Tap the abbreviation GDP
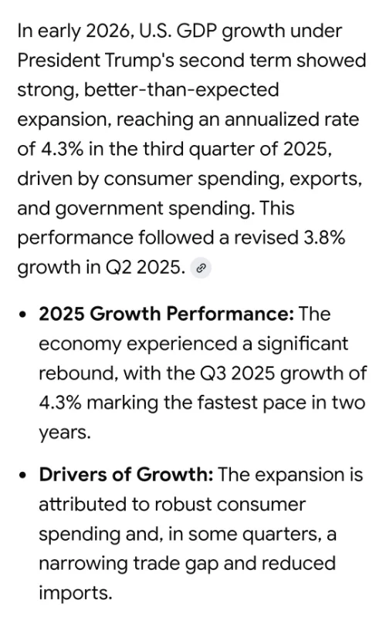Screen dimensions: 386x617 click(197, 31)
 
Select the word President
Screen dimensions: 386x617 click(59, 61)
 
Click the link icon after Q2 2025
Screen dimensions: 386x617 click(201, 268)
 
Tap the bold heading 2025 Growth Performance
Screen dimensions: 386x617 click(166, 314)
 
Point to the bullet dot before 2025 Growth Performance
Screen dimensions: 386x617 click(25, 315)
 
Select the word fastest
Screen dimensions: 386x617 click(228, 403)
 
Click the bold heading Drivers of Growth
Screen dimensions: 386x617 click(126, 474)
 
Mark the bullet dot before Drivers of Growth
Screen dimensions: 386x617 click(25, 475)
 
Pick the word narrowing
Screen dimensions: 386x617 click(83, 564)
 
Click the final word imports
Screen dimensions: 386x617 click(76, 594)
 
